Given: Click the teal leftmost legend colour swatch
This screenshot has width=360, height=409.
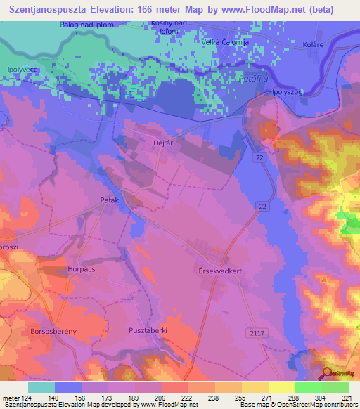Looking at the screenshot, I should click(x=41, y=387).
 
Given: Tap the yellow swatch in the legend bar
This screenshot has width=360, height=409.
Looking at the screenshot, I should click(x=281, y=387).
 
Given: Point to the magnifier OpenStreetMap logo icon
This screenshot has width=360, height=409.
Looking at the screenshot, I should click(x=327, y=374).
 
